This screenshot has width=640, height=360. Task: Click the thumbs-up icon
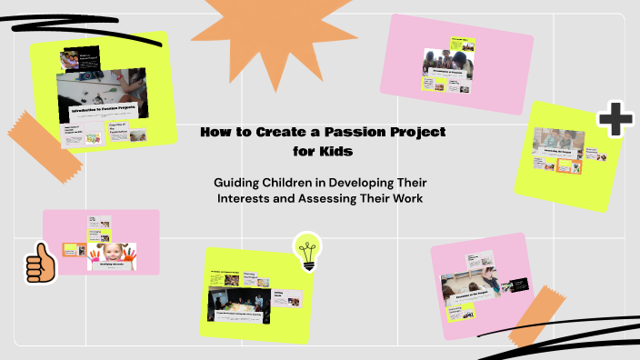coord(40,264)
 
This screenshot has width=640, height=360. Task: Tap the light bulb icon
coord(307,251)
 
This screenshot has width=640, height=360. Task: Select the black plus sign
coord(615,120)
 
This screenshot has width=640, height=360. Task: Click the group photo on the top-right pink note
coord(446,61)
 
